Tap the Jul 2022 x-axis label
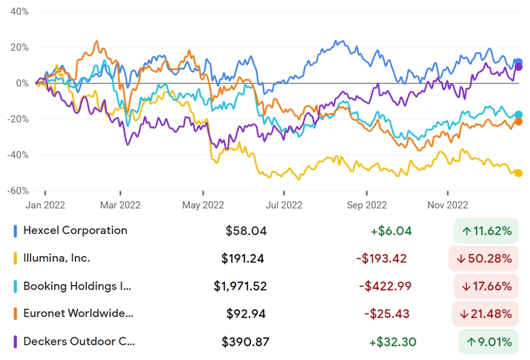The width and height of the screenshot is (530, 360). (x=283, y=205)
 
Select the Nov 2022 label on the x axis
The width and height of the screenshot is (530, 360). (x=447, y=205)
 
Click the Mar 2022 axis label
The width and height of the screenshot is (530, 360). (x=120, y=205)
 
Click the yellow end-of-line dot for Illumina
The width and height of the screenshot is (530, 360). (x=518, y=173)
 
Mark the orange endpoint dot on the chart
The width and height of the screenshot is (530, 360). (x=518, y=122)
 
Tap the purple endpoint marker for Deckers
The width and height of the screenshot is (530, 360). (x=518, y=66)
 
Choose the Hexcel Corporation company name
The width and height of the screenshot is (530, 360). (x=75, y=230)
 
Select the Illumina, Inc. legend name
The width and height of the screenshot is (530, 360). (x=56, y=258)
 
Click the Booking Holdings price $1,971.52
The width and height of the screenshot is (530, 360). (x=240, y=286)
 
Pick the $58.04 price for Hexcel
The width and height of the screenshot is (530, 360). (x=246, y=230)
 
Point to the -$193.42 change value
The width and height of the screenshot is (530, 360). (x=381, y=258)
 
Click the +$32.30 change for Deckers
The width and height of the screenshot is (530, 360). (x=392, y=342)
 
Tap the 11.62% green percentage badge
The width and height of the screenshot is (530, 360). (x=486, y=230)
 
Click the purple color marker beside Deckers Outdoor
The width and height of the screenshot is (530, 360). (x=16, y=342)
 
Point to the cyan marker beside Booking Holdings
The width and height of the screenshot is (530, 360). (x=16, y=286)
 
